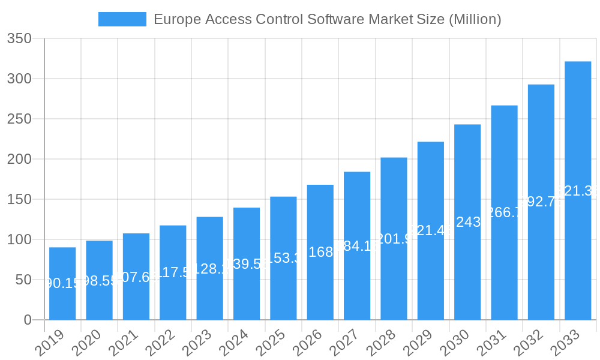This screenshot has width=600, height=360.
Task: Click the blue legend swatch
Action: [122, 19]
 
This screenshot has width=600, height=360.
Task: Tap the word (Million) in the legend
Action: [475, 19]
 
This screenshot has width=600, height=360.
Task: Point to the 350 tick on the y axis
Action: [19, 39]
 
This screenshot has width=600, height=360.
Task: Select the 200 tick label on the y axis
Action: [19, 160]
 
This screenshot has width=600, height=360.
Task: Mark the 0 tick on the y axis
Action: [28, 320]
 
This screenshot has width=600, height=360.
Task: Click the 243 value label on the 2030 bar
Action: [467, 222]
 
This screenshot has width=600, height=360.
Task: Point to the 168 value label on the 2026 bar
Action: [320, 252]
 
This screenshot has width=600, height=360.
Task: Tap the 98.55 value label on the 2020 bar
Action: [99, 281]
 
